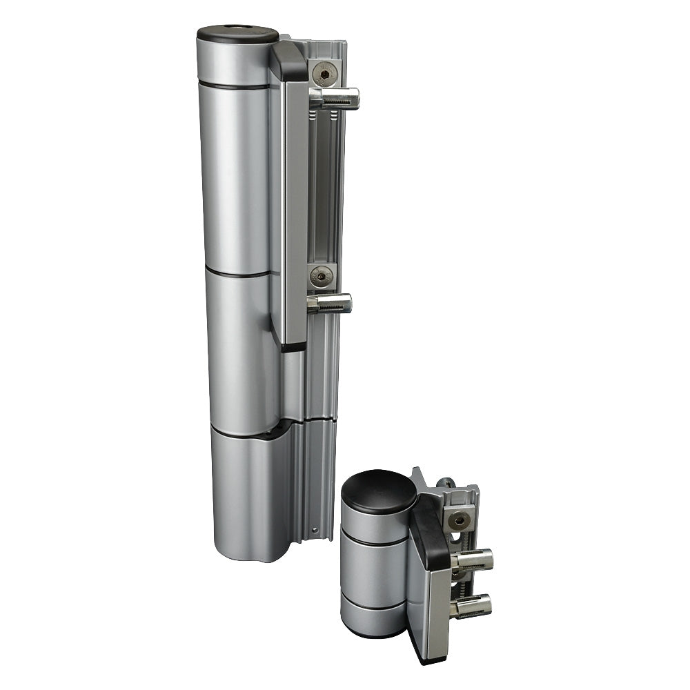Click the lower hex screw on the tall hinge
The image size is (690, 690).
[321, 277]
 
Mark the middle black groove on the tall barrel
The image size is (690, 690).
[238, 274]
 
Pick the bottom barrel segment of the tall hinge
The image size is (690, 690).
[245, 497]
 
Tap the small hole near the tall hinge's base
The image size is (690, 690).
[316, 531]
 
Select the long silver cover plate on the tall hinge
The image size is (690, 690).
[295, 207]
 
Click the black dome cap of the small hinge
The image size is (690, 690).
[379, 492]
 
